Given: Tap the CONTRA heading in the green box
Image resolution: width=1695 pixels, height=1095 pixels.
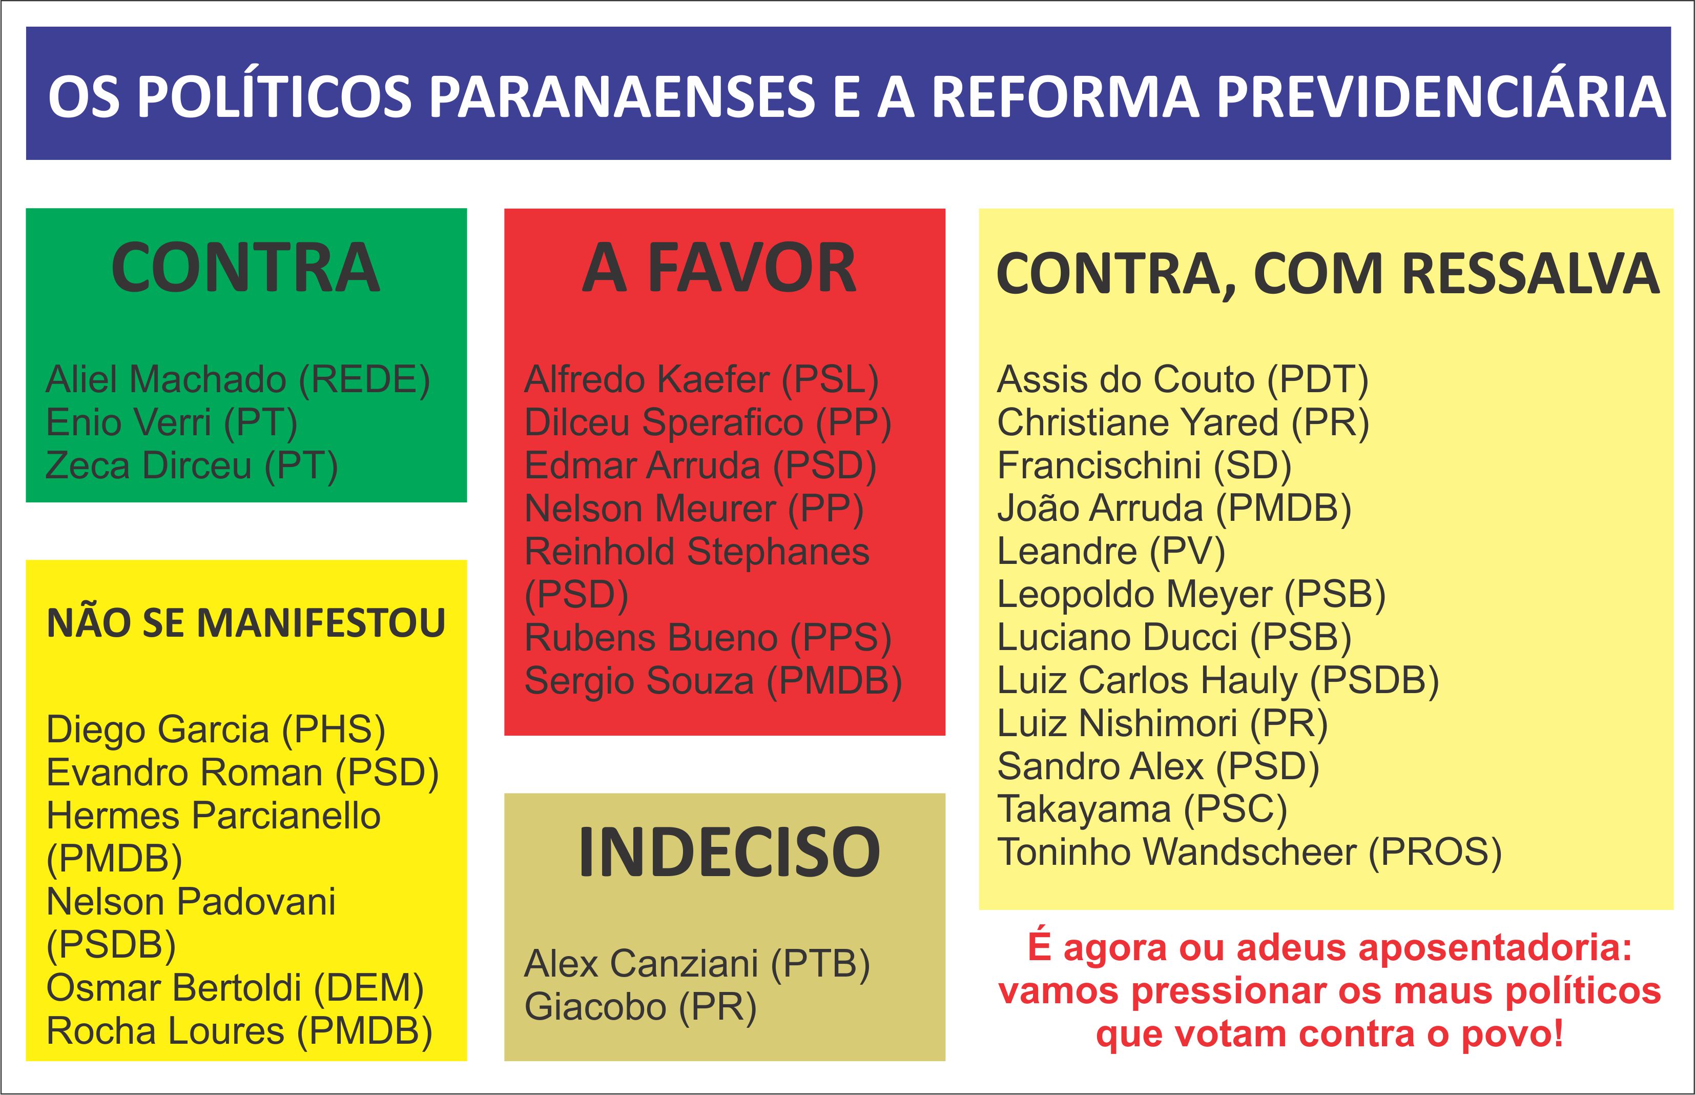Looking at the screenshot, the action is click(x=246, y=268).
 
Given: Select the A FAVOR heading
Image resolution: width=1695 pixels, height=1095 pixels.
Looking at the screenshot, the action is click(x=719, y=268).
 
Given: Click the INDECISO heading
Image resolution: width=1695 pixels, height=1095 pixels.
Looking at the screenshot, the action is click(x=729, y=852).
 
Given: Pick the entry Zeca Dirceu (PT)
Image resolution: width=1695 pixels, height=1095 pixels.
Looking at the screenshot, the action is click(x=192, y=467).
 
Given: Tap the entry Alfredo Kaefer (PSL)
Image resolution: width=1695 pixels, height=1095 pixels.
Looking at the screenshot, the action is click(x=701, y=380).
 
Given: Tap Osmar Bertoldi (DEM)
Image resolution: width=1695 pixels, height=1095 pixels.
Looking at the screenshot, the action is click(x=235, y=989).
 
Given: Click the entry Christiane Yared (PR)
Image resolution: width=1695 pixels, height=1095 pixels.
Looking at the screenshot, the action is click(x=1183, y=423).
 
